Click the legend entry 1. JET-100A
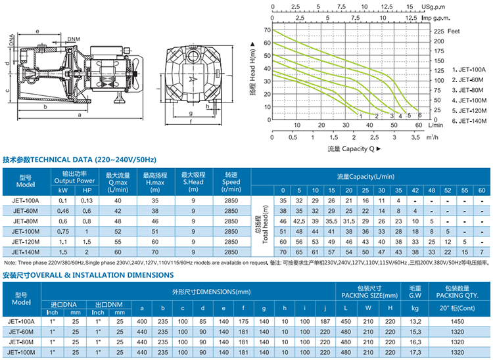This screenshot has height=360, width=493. coord(469,69)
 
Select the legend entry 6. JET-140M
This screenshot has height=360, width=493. coord(469,121)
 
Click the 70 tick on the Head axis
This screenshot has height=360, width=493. coord(267,30)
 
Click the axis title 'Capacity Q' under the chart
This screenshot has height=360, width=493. coord(354,149)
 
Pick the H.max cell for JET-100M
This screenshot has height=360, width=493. coord(155,231)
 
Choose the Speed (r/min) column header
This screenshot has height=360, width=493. coord(230,182)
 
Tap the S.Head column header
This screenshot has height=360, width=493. coord(193,182)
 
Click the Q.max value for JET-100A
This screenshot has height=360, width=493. coord(118,200)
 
